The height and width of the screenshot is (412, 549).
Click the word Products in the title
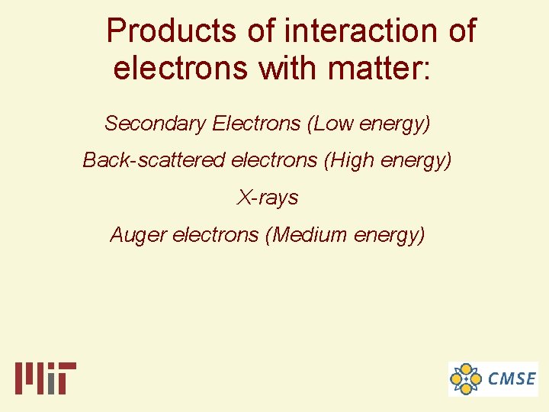click(172, 31)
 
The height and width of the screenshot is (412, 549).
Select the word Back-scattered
click(153, 160)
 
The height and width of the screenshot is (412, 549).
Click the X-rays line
click(268, 198)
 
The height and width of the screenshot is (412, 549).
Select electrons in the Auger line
click(216, 235)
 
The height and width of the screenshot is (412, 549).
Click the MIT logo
click(46, 378)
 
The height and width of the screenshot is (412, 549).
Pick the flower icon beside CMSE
click(466, 378)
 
